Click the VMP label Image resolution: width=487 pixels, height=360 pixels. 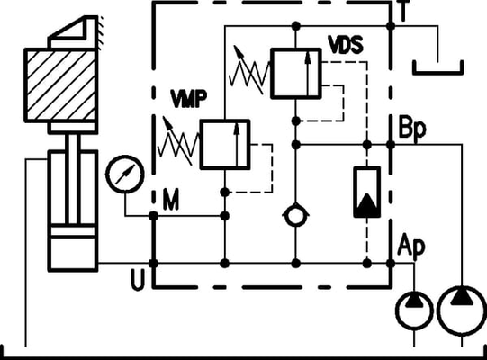tap(189, 98)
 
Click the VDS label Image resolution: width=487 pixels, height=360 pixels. tap(346, 45)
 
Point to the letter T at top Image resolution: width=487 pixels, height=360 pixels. tap(403, 10)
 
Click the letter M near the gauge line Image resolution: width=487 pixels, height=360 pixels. tap(171, 200)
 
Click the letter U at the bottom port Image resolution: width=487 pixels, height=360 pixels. tap(138, 279)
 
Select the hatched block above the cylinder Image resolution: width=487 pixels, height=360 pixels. tap(61, 85)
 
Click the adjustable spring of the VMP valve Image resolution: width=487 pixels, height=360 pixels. tap(177, 142)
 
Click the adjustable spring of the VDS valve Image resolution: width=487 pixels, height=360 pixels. tap(249, 71)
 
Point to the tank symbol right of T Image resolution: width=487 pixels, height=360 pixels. tap(437, 73)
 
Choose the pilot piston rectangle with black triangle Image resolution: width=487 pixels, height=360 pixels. tap(366, 192)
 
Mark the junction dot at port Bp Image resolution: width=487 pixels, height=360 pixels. tap(391, 144)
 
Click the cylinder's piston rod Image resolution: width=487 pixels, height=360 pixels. tap(73, 178)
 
